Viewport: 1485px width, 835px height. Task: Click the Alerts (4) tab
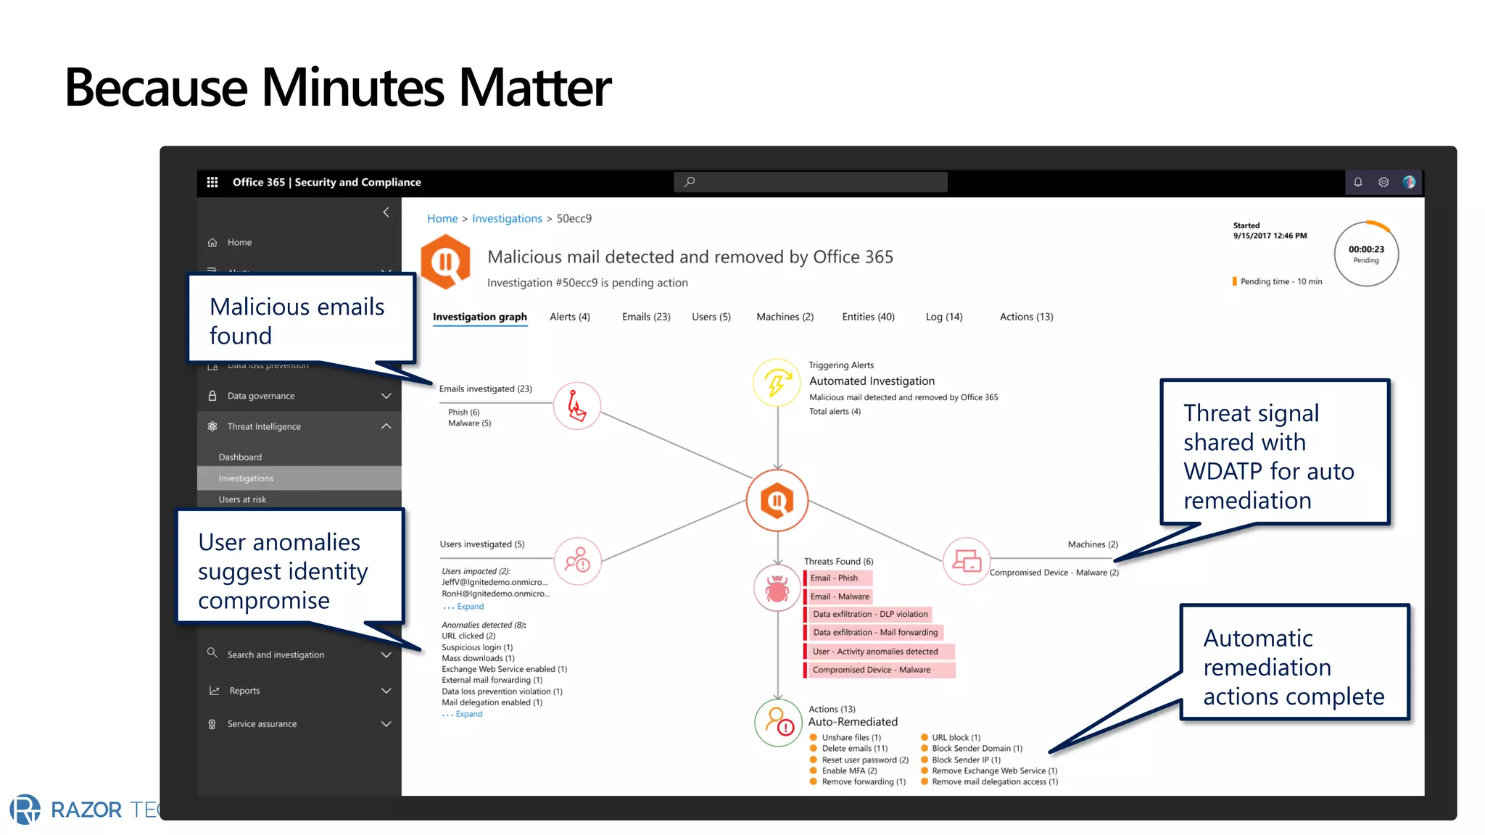click(569, 317)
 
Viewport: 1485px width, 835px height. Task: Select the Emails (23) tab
click(645, 317)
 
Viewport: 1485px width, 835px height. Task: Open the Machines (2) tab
click(785, 317)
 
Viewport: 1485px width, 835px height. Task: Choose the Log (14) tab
click(943, 317)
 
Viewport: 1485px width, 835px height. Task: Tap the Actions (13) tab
click(1026, 317)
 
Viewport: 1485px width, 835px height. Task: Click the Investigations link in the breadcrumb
click(507, 219)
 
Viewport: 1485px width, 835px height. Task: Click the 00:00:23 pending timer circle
click(1366, 254)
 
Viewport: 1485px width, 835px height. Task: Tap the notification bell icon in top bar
click(1357, 182)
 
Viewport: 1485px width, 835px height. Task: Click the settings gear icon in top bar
click(1383, 182)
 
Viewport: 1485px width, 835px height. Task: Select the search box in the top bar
click(810, 182)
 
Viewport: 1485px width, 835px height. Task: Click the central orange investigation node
click(777, 500)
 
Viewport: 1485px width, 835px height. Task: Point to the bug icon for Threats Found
click(777, 589)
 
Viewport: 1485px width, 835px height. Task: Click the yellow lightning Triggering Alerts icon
click(777, 383)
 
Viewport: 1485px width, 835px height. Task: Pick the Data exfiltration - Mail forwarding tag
click(874, 633)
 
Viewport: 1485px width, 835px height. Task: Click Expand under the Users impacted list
click(470, 607)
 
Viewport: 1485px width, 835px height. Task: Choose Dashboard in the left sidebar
click(240, 457)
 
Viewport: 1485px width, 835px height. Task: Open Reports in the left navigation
click(244, 691)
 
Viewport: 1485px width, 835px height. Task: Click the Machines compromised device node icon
click(967, 560)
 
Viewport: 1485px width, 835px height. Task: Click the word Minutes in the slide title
click(352, 88)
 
